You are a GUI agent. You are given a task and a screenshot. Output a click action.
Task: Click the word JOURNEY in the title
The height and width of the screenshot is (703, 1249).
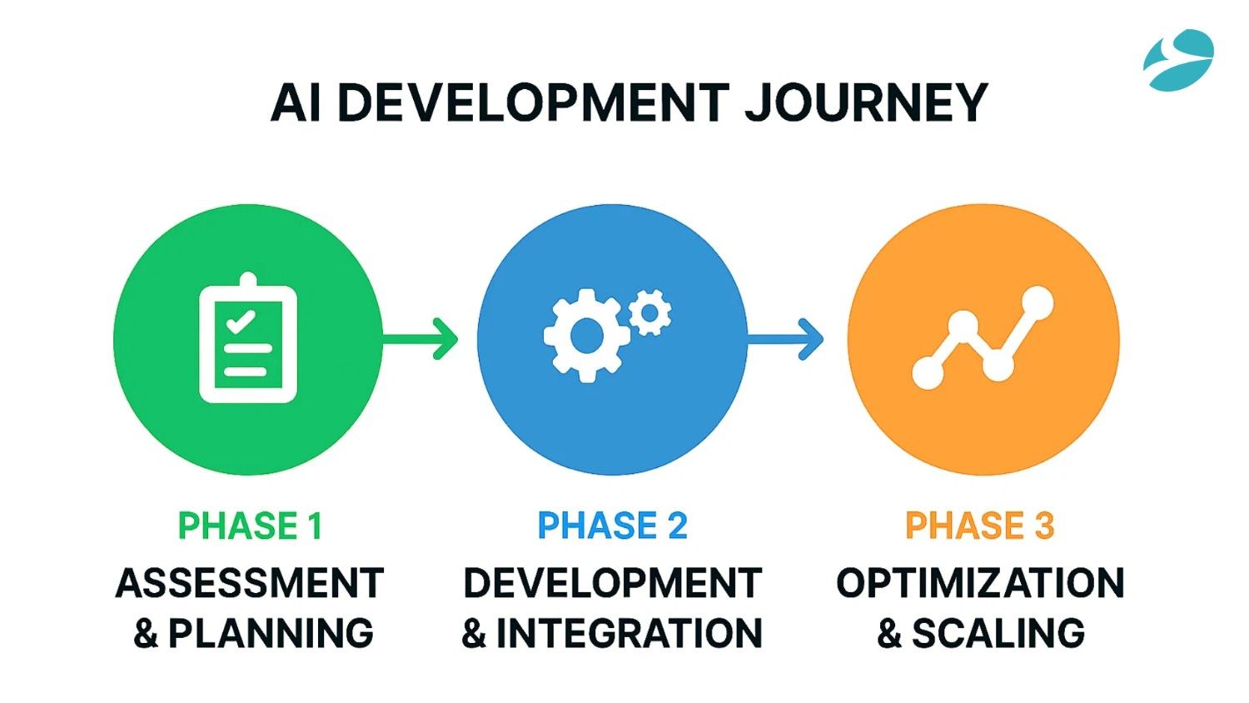coord(865,103)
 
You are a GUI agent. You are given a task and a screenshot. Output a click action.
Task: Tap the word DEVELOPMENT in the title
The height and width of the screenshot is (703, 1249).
coord(533,103)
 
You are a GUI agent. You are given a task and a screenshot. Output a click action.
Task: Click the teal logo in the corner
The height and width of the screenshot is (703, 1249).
coord(1178,59)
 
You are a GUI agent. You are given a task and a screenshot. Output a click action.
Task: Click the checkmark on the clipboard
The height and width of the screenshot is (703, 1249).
coord(241,321)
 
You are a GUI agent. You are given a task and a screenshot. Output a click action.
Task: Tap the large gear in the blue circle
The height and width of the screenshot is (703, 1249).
coord(585,335)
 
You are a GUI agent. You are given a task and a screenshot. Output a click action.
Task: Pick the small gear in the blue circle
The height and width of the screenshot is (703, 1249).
coord(650,312)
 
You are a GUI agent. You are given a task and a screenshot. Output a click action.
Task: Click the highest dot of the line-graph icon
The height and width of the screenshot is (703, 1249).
coord(1038,302)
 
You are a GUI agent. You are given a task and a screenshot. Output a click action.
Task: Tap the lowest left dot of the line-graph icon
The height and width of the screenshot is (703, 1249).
coord(928,372)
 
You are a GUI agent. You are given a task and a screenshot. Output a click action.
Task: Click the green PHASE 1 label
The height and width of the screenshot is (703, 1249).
coord(250,526)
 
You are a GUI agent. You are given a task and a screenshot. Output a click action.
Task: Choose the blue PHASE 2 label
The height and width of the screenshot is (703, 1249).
coord(612,526)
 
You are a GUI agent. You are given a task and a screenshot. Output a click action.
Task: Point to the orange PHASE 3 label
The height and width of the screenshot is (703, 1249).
coord(979,526)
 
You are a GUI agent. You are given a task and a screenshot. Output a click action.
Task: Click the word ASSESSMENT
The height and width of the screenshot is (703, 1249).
coord(250,583)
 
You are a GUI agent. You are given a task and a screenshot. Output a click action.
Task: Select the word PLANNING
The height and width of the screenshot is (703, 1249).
coord(271,634)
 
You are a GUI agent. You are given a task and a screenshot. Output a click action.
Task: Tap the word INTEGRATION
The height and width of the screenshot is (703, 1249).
coord(629,634)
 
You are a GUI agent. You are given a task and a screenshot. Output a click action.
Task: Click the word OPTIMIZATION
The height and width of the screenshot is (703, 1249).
coord(980,583)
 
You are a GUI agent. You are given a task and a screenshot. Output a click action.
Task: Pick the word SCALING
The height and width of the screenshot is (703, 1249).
coord(998,634)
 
